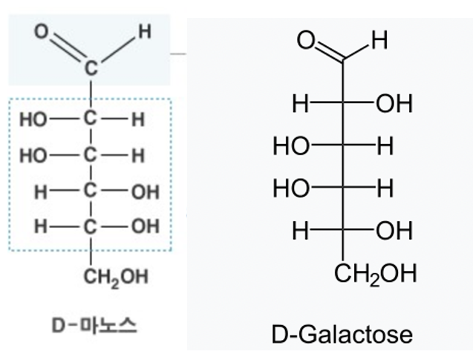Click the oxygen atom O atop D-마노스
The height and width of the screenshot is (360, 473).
[x=42, y=32]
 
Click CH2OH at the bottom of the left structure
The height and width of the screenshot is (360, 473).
[x=116, y=277]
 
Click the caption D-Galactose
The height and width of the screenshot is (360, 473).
[x=342, y=334]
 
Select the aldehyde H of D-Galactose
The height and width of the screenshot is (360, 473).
[x=379, y=39]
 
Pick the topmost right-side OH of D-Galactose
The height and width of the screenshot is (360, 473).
[x=394, y=104]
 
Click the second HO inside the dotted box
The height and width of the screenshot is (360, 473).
[x=33, y=156]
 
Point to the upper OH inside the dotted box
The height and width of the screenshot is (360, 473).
[x=145, y=193]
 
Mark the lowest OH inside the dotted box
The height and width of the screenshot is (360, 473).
[x=145, y=226]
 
